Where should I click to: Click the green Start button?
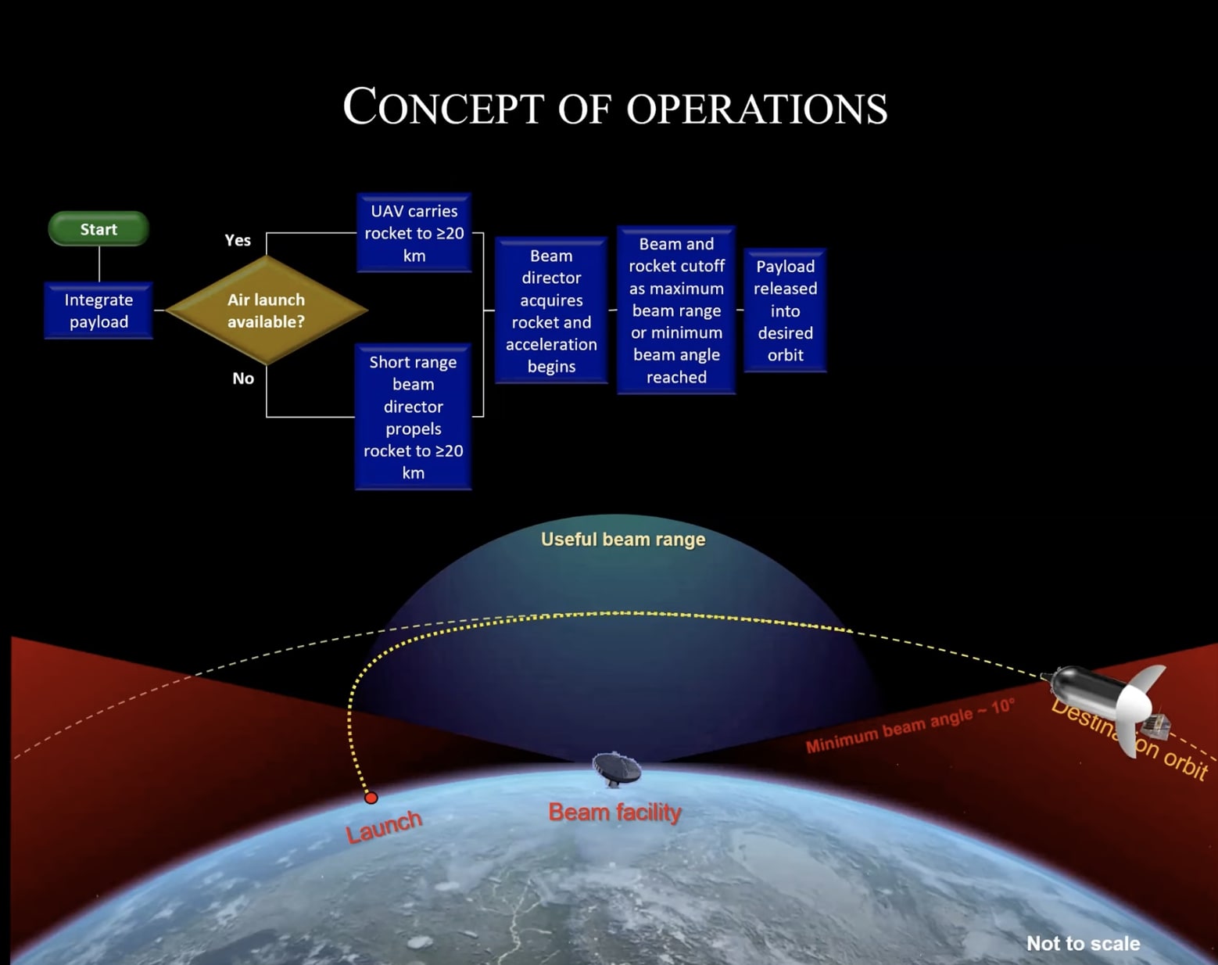click(99, 229)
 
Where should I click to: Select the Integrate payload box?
click(99, 310)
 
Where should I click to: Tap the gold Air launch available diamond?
click(266, 310)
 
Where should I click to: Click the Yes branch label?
click(238, 240)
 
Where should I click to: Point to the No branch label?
click(243, 378)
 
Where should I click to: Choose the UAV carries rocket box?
click(414, 233)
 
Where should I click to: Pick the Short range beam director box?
click(413, 417)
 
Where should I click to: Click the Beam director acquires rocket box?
click(551, 310)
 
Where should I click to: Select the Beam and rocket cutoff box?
click(676, 310)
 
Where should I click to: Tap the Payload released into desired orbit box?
click(785, 310)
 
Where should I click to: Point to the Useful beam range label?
click(623, 540)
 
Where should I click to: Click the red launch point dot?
click(371, 798)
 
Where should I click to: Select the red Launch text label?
click(384, 827)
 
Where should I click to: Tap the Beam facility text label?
click(614, 813)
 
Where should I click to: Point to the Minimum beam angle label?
click(910, 726)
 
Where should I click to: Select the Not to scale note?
click(1083, 943)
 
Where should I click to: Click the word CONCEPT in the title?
click(442, 108)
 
